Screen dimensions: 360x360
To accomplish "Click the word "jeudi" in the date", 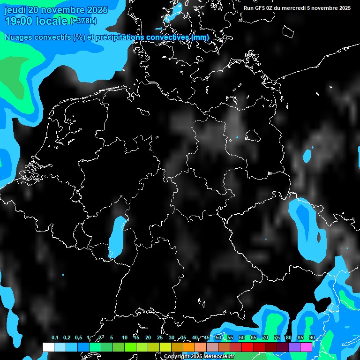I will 15,10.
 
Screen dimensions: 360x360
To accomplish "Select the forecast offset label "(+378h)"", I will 83,21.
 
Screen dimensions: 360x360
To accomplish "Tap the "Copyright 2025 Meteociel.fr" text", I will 199,357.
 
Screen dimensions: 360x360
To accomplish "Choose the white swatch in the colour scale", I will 48,347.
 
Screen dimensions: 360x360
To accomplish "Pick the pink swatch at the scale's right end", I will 306,347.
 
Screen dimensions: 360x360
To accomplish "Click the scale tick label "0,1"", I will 54,338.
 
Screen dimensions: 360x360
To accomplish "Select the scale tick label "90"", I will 312,338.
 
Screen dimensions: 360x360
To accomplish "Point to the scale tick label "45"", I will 207,338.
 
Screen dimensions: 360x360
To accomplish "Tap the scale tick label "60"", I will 242,338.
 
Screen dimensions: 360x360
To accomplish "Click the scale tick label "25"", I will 160,338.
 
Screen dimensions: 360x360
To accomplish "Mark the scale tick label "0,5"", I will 78,338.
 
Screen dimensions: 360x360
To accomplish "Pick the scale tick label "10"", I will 125,338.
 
